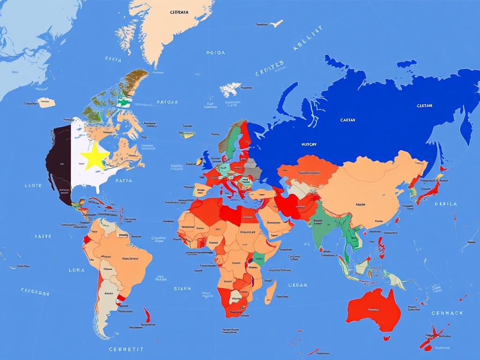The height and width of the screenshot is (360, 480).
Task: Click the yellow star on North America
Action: [95, 157]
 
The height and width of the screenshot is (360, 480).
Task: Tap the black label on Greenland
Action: [179, 13]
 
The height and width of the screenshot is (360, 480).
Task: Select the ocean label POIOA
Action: [216, 53]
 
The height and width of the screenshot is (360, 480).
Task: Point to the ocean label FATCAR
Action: [167, 102]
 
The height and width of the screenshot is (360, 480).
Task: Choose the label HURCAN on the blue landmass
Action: [309, 144]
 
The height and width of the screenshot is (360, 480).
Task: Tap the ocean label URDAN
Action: [298, 285]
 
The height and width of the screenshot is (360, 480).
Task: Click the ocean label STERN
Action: [182, 289]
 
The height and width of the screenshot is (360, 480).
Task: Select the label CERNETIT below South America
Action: [126, 349]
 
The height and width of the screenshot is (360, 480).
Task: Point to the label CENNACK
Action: [447, 313]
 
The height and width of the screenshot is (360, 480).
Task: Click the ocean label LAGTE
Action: [33, 186]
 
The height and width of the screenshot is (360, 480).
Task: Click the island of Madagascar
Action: [270, 291]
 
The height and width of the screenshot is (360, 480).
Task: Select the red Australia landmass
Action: [374, 308]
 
